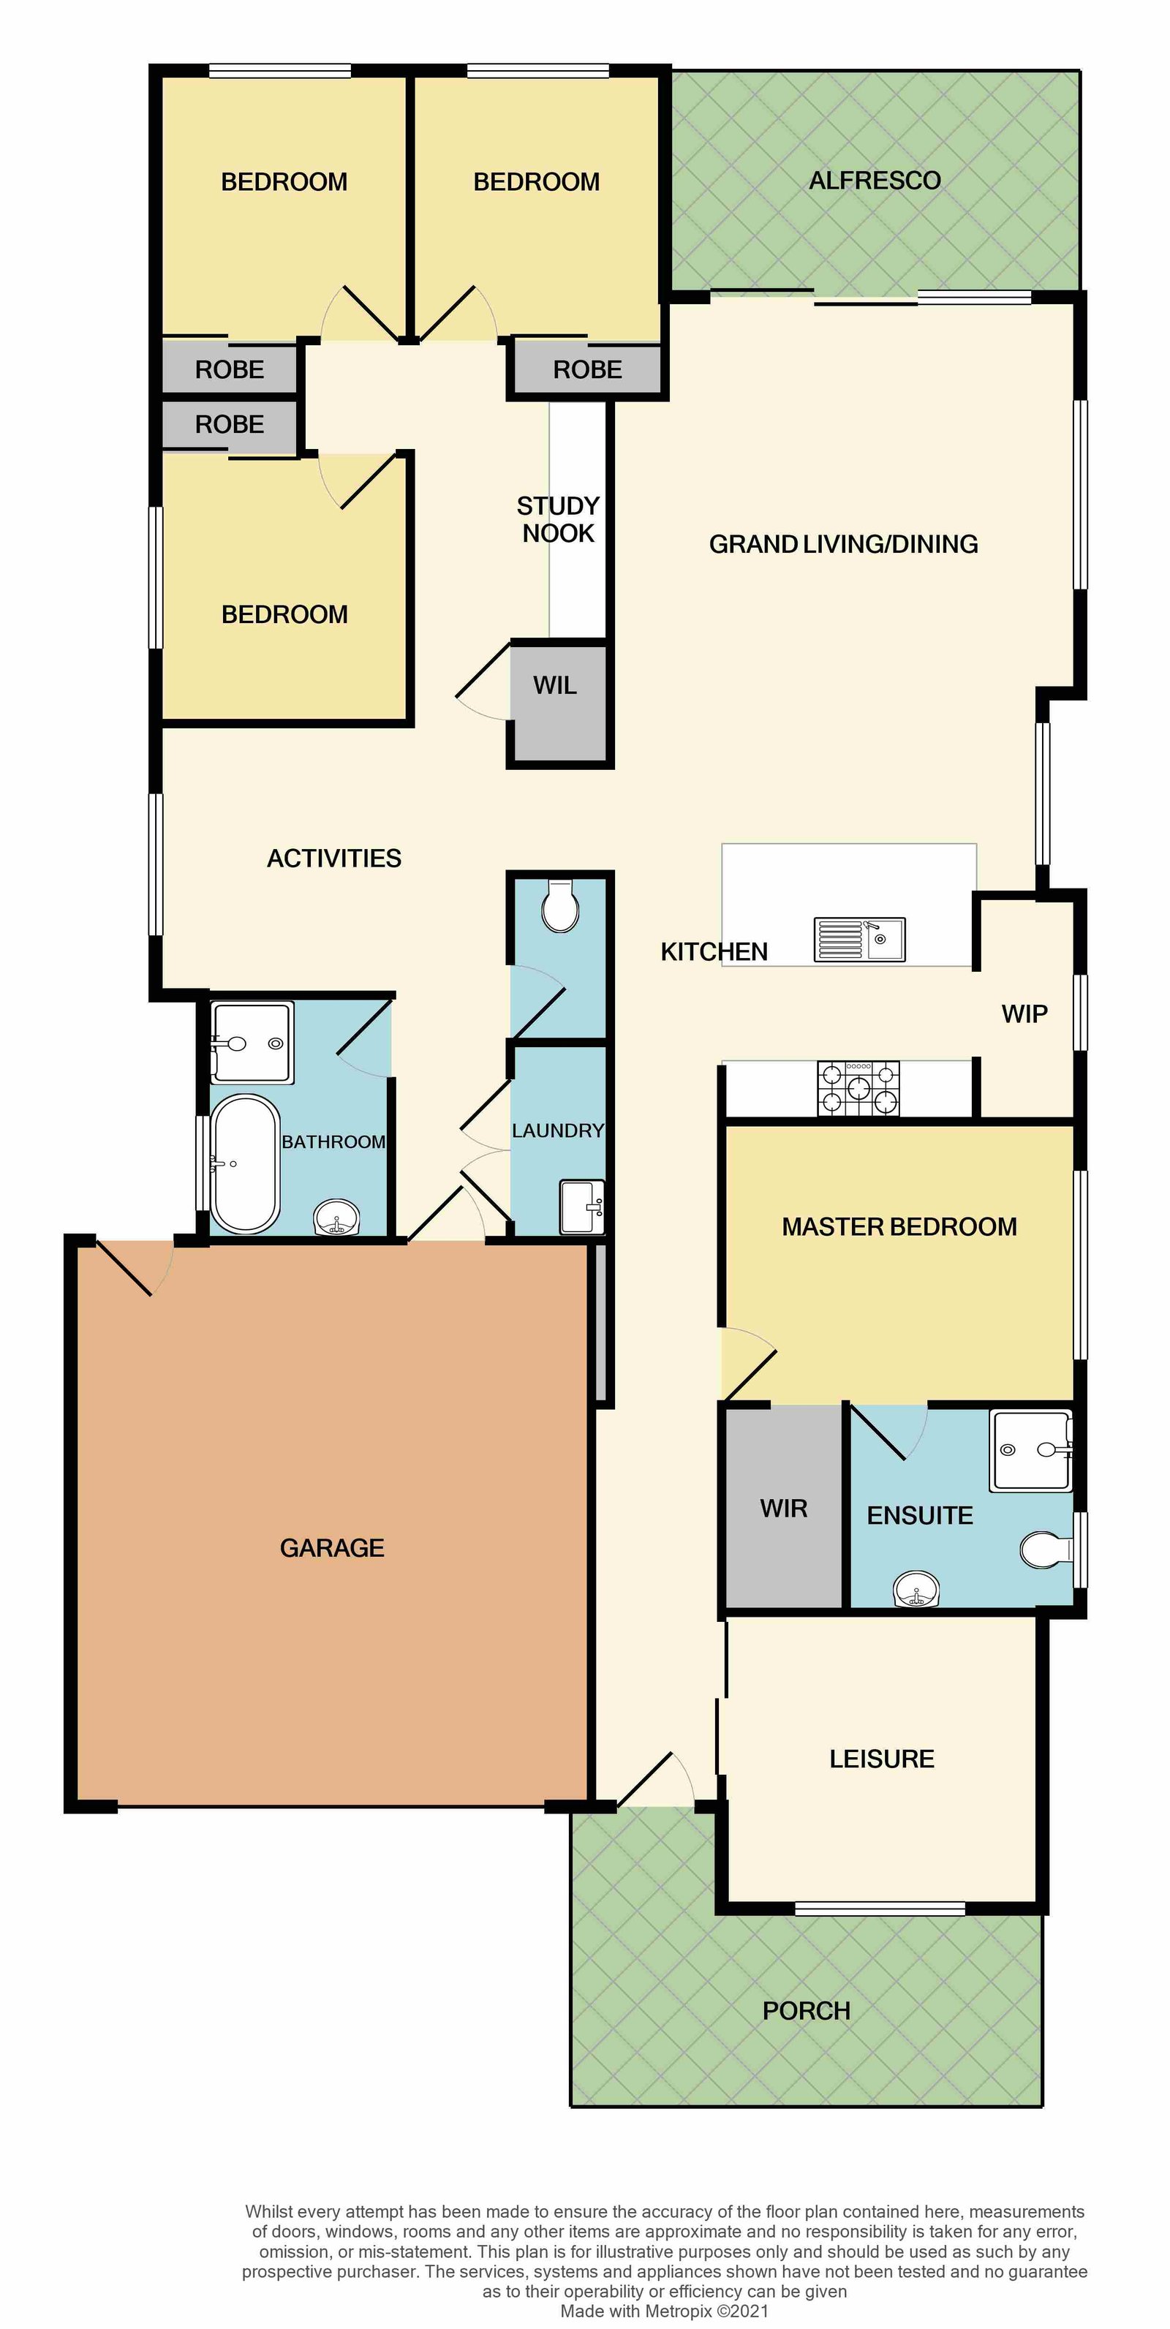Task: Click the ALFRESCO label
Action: pyautogui.click(x=875, y=181)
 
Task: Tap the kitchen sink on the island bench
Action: pyautogui.click(x=859, y=938)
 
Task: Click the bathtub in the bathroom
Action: pyautogui.click(x=245, y=1164)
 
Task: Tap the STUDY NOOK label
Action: pyautogui.click(x=558, y=519)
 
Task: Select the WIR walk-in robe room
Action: pyautogui.click(x=784, y=1507)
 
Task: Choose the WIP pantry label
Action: pyautogui.click(x=1024, y=1013)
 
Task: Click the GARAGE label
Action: pyautogui.click(x=332, y=1548)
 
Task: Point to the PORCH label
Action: pyautogui.click(x=807, y=2011)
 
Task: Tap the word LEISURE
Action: pyautogui.click(x=882, y=1759)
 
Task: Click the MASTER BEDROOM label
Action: pyautogui.click(x=899, y=1227)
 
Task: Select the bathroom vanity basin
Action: pyautogui.click(x=336, y=1218)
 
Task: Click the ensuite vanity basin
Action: pyautogui.click(x=916, y=1588)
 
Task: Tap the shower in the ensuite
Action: pyautogui.click(x=1032, y=1449)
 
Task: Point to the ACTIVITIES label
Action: pyautogui.click(x=333, y=858)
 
